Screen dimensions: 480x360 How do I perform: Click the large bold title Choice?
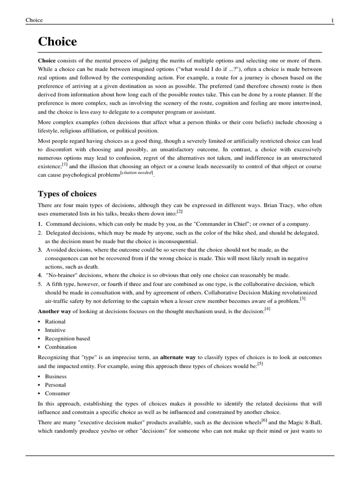point(57,42)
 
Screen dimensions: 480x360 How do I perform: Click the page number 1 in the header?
point(332,20)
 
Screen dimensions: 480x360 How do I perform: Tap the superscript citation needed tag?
point(136,173)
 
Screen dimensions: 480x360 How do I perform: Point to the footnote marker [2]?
point(180,212)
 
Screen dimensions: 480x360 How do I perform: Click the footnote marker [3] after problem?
point(303,299)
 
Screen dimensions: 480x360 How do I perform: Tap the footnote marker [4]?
point(267,308)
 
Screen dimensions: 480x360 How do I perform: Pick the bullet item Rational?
point(55,322)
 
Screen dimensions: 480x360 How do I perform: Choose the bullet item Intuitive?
point(55,330)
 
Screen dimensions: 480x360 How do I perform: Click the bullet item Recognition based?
point(67,338)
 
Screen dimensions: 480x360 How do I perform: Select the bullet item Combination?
point(60,347)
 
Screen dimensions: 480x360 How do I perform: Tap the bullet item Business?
point(56,376)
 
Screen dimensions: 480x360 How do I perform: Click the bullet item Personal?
point(55,385)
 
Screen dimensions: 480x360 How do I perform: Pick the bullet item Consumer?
point(57,393)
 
